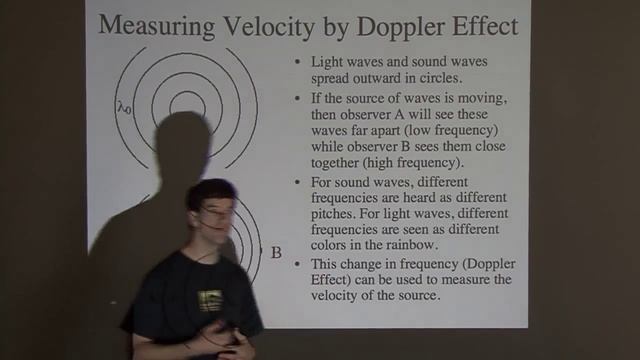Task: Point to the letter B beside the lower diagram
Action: click(x=276, y=252)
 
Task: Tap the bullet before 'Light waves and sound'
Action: click(x=297, y=61)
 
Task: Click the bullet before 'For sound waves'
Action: click(x=297, y=181)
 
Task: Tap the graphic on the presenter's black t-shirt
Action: click(x=211, y=300)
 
